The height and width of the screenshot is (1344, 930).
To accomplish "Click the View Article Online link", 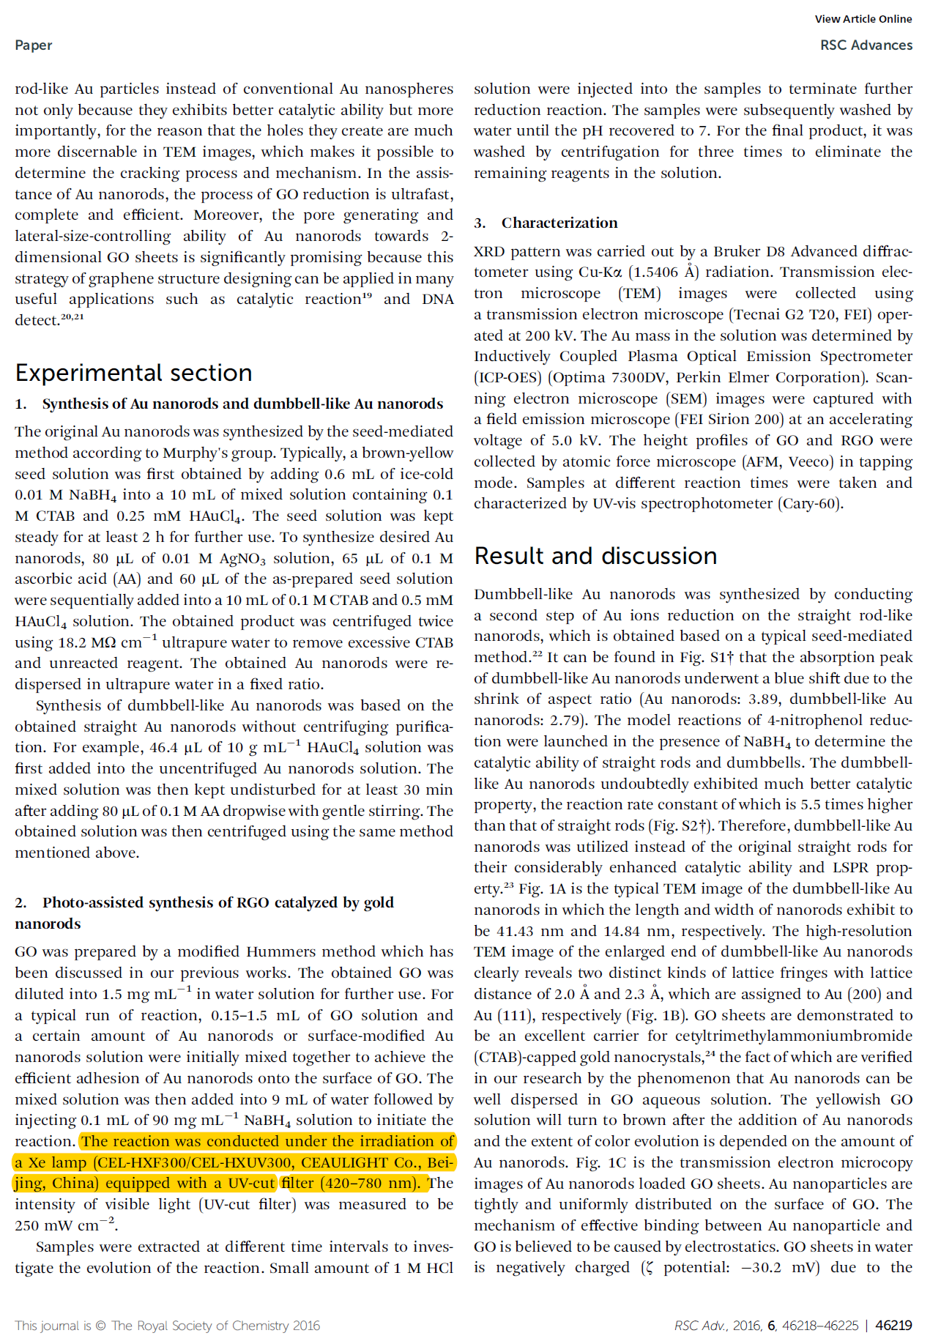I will [863, 19].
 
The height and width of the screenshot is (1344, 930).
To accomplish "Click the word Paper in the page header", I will [34, 45].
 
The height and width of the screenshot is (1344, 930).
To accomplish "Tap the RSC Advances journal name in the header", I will [866, 45].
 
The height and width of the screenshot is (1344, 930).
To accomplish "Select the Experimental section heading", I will [133, 373].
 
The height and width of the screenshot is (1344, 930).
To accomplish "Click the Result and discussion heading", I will [595, 556].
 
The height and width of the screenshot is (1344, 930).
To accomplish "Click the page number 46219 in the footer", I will [893, 1325].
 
